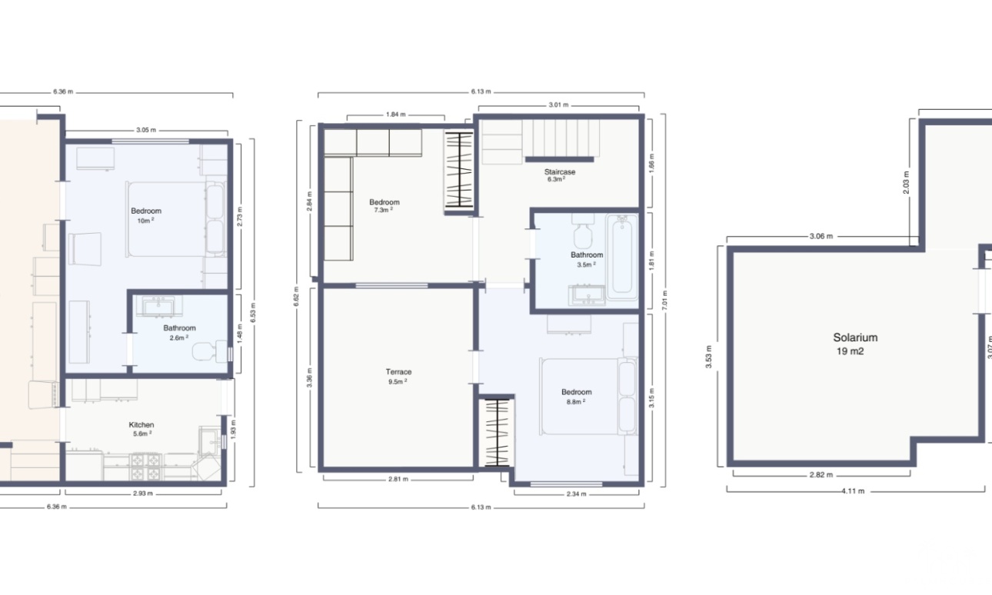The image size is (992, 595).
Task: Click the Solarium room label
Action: click(855, 337)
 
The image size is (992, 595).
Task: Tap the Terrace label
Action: click(398, 372)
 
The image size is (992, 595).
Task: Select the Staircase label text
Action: click(560, 171)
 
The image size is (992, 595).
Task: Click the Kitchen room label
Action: click(141, 424)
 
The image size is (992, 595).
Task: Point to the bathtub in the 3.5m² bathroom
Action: click(622, 257)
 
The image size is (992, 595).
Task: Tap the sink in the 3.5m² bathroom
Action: click(588, 295)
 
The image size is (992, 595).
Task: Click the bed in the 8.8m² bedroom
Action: click(588, 397)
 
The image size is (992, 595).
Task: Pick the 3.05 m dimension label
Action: click(146, 130)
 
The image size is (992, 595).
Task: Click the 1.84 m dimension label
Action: click(395, 115)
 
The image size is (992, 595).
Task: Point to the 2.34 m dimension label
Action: click(576, 494)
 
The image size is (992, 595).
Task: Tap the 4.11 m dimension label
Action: click(853, 491)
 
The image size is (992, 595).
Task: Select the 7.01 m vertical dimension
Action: click(664, 300)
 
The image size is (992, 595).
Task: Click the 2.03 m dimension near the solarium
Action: click(906, 182)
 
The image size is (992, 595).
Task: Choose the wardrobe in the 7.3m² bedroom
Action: click(459, 170)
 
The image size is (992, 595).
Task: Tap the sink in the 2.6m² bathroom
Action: click(159, 307)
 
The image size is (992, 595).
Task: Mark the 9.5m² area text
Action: click(398, 381)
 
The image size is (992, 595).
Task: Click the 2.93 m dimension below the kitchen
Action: click(143, 494)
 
